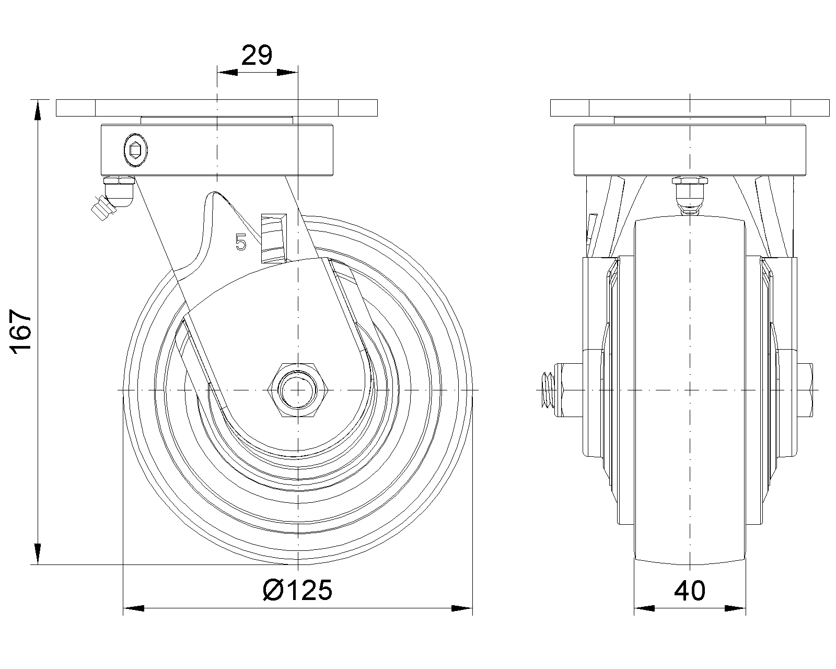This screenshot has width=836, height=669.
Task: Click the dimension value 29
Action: [257, 55]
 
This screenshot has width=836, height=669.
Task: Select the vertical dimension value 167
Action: [21, 331]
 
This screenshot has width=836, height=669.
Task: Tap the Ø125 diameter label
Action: [298, 590]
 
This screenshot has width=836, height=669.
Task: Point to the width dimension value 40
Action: [690, 591]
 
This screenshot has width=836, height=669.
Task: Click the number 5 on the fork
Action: [241, 242]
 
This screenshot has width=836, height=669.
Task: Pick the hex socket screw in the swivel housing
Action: [135, 150]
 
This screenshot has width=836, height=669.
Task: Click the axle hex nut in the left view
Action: [298, 390]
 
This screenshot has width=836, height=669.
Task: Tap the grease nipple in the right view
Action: [690, 195]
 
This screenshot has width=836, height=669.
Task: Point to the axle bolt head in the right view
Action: [805, 390]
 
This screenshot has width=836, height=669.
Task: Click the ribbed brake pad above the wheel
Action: [274, 238]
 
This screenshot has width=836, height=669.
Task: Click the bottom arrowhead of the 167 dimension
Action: [38, 554]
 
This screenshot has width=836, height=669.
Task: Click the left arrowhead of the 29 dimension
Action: [227, 72]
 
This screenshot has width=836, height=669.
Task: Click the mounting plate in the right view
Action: [690, 108]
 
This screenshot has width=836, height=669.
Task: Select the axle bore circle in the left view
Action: [298, 390]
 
